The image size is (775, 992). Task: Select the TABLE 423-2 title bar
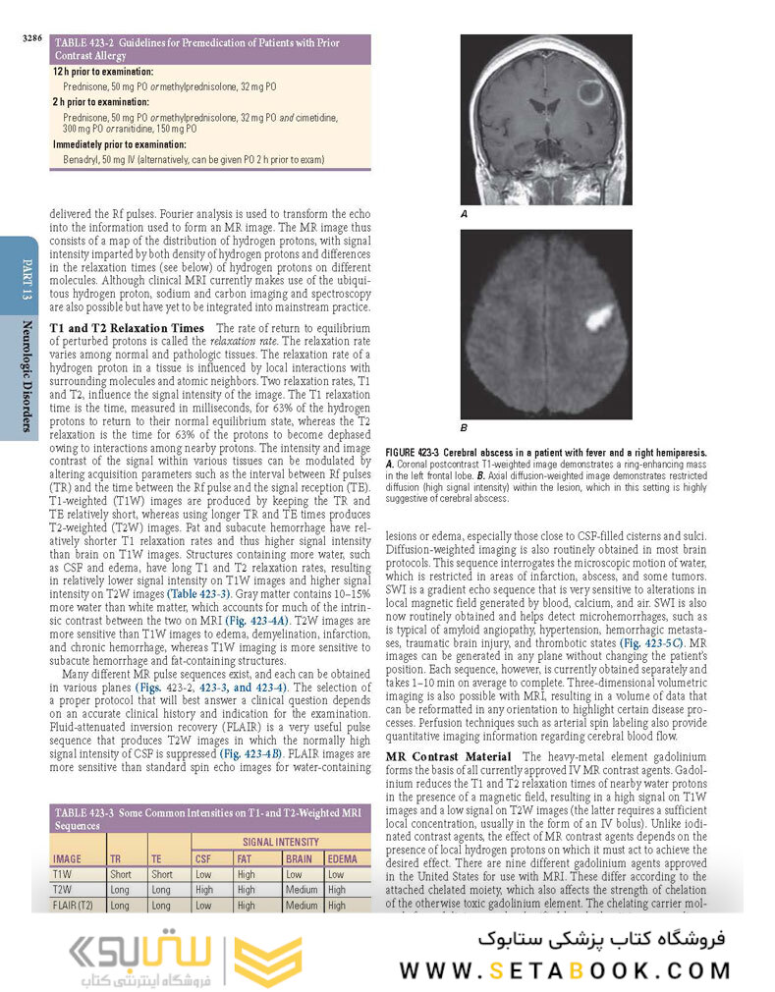click(x=210, y=49)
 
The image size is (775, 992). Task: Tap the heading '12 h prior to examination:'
click(x=103, y=73)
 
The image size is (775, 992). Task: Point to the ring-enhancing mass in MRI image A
click(x=591, y=94)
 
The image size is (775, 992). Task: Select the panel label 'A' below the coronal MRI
click(x=465, y=213)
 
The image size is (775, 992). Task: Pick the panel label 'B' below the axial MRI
click(x=465, y=428)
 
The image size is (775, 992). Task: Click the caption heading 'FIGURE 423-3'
click(x=418, y=452)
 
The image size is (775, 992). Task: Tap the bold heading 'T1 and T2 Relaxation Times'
click(x=127, y=328)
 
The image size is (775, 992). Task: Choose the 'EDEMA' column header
click(x=342, y=858)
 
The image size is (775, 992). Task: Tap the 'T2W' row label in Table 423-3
click(x=62, y=890)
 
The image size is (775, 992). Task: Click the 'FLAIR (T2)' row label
click(x=73, y=906)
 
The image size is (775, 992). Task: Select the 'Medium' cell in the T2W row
click(x=302, y=890)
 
